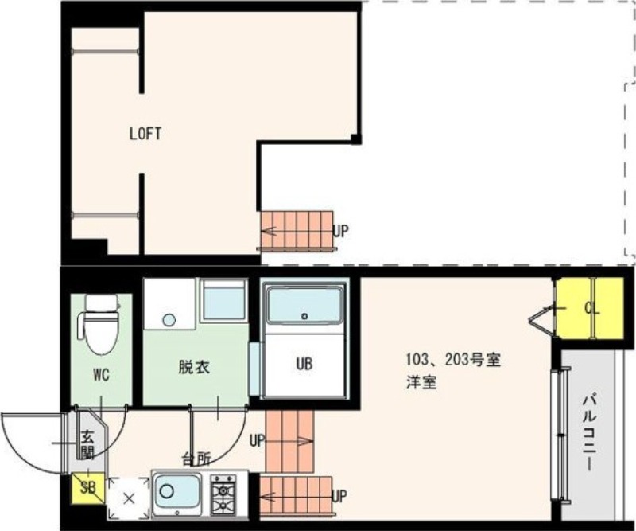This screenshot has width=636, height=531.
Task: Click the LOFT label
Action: point(145,134)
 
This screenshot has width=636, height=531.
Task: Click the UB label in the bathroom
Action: point(304,365)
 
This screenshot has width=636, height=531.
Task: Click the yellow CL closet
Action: point(589,308)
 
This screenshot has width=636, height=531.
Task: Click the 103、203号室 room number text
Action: point(450,360)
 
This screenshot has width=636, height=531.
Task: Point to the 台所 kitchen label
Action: point(196,459)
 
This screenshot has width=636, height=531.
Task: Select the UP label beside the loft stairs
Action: point(340,231)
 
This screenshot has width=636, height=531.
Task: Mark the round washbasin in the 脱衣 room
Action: point(168,320)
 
